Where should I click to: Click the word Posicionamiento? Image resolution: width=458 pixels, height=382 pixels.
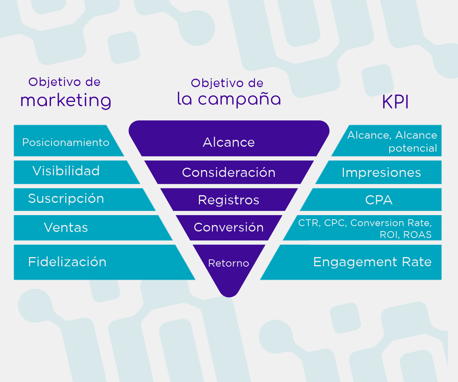click(x=66, y=142)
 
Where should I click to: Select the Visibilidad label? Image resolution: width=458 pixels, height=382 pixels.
click(x=66, y=171)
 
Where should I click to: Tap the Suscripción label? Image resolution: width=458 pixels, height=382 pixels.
click(x=66, y=199)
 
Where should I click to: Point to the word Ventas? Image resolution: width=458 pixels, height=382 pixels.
click(x=66, y=228)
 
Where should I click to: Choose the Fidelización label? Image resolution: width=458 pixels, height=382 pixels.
click(x=67, y=262)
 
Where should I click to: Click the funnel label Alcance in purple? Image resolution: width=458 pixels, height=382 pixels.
click(x=229, y=142)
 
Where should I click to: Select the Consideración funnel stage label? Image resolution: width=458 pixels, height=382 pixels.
click(x=229, y=172)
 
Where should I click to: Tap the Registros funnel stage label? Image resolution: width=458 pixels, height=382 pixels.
click(x=229, y=200)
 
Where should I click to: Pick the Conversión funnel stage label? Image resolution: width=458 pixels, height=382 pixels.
click(x=229, y=227)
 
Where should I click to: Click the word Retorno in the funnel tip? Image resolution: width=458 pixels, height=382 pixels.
click(x=228, y=263)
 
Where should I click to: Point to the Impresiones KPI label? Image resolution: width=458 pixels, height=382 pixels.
click(x=381, y=173)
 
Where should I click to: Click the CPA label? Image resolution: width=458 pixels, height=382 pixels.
click(x=379, y=200)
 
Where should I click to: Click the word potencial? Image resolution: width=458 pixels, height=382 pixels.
click(x=413, y=148)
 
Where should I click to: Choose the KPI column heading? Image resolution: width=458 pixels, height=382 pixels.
click(x=395, y=102)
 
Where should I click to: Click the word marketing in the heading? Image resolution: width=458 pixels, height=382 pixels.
click(x=66, y=101)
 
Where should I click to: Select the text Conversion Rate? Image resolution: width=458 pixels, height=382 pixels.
click(x=391, y=223)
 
